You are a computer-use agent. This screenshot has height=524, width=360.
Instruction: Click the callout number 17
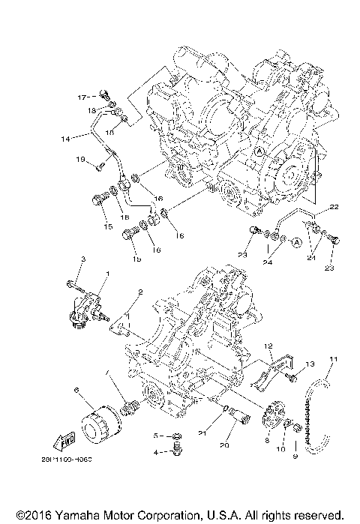click(83, 97)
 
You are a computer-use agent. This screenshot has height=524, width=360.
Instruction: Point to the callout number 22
click(334, 206)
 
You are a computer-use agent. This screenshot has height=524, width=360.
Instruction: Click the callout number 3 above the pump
click(84, 259)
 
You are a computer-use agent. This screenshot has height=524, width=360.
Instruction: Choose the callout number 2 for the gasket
click(139, 292)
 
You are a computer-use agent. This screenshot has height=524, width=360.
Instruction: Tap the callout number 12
click(266, 346)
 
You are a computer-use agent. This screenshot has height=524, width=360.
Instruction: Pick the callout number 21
click(223, 434)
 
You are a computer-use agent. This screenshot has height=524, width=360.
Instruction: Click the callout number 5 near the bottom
click(156, 435)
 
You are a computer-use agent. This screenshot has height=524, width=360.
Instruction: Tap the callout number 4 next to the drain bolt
click(156, 452)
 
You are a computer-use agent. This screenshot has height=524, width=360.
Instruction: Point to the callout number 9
click(295, 456)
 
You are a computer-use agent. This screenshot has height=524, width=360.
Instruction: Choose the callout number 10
click(282, 450)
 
